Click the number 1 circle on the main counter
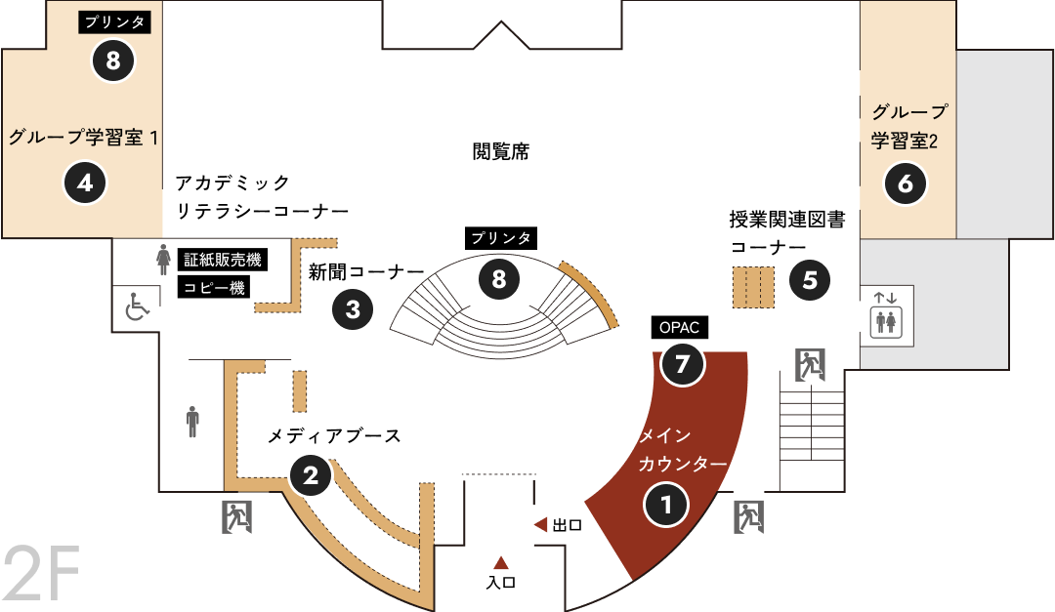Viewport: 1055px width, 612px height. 666,505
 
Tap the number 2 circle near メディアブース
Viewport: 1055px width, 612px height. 311,476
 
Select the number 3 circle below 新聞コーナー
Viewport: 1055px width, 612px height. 353,309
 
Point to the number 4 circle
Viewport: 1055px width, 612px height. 85,183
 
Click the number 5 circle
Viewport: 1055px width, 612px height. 810,280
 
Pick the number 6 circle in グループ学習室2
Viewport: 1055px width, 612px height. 906,183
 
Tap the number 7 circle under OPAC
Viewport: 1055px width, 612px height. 682,364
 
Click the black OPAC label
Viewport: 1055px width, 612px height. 680,328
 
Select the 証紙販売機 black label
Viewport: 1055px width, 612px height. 222,260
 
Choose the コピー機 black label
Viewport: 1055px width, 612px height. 214,288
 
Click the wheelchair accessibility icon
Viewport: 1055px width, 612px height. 137,307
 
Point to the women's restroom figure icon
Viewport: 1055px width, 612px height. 163,260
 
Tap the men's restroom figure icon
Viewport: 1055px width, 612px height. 193,422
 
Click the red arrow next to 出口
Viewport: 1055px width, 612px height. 540,524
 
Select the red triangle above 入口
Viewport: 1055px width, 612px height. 500,563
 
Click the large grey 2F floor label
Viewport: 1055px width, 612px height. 42,574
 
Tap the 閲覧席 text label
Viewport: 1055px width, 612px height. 500,151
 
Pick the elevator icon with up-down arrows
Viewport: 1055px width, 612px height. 886,315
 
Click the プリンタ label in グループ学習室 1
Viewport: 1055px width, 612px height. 114,22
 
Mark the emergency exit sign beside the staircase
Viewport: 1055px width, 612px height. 810,365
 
